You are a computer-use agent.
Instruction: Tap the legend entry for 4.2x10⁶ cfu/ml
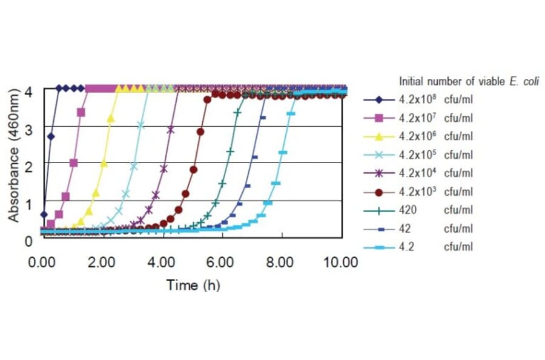click(x=418, y=136)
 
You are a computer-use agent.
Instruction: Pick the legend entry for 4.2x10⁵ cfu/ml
click(x=418, y=155)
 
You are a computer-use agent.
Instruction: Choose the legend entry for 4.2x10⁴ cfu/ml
click(x=418, y=173)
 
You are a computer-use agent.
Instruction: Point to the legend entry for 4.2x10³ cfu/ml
click(x=418, y=192)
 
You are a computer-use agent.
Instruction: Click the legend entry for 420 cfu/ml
click(x=418, y=210)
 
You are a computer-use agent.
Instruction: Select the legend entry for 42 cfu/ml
click(x=418, y=228)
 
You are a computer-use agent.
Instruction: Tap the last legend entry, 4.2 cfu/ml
click(x=418, y=247)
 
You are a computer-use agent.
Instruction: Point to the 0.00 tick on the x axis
click(x=42, y=262)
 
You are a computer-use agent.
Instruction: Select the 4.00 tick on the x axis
click(x=161, y=262)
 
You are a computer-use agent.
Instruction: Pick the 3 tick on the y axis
click(x=28, y=128)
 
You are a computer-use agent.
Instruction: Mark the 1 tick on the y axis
click(x=28, y=203)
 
